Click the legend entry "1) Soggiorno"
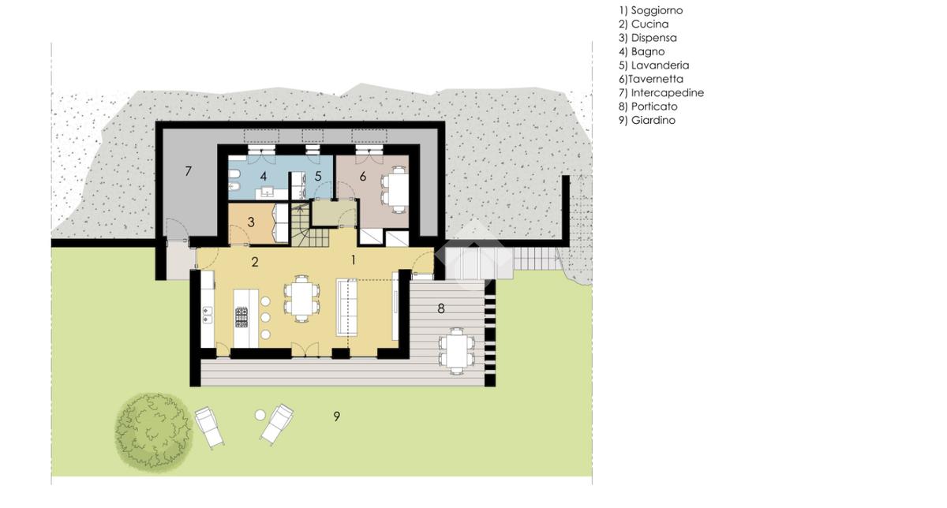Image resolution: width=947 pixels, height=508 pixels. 650,10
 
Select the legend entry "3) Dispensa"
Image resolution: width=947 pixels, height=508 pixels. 648,38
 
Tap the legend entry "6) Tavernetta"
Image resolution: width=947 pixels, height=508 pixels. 651,79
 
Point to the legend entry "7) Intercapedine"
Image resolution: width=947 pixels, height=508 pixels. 661,92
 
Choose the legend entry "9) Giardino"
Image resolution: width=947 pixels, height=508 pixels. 647,120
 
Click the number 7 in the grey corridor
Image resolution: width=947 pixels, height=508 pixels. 188,171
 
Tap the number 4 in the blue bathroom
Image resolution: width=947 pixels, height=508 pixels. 264,176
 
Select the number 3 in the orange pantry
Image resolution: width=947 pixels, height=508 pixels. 251,222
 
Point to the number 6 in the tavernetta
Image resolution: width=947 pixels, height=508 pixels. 363,177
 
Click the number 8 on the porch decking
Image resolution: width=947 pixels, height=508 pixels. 441,308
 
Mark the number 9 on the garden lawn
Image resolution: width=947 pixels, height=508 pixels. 336,416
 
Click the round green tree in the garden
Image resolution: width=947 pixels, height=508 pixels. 154,432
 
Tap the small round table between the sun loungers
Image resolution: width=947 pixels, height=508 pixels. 260,415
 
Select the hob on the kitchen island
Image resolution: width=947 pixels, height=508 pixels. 241,317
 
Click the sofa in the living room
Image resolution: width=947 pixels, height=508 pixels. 346,307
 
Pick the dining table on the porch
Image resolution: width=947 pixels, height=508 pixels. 457,351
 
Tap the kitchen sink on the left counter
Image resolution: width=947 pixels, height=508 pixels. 207,316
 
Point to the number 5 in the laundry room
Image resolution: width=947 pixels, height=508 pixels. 318,176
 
